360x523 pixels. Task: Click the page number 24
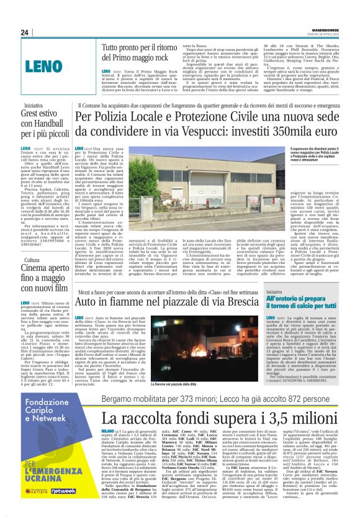point(25,32)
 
